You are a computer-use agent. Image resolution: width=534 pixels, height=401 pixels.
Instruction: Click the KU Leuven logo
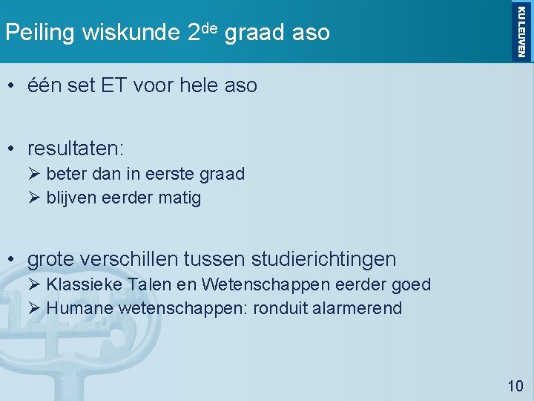click(x=520, y=30)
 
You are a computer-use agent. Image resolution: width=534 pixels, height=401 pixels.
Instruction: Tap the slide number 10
click(x=515, y=385)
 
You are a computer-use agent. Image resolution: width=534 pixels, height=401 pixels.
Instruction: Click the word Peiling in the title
click(x=41, y=33)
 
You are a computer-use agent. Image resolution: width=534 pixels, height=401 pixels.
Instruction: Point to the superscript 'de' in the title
click(x=208, y=27)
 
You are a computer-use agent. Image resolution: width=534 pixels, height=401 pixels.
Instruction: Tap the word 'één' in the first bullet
click(x=44, y=86)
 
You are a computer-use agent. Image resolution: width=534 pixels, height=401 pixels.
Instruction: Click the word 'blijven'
click(x=70, y=198)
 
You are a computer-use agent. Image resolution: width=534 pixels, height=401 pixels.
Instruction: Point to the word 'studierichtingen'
click(x=324, y=259)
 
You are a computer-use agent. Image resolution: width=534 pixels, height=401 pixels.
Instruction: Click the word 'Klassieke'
click(x=85, y=284)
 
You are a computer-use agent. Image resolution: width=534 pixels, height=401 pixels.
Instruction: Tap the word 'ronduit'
click(x=276, y=308)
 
